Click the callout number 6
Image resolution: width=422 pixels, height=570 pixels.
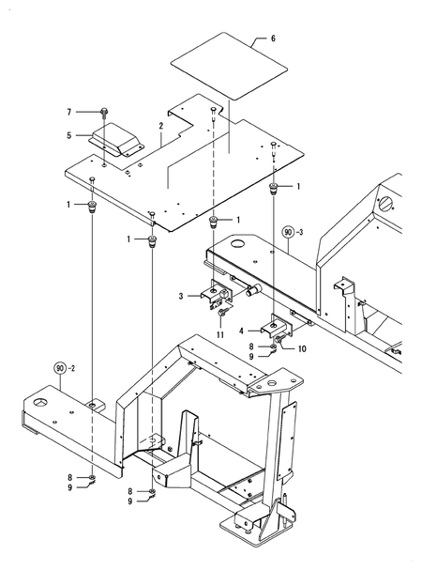(x=274, y=39)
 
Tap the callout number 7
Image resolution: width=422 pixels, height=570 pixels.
(x=69, y=112)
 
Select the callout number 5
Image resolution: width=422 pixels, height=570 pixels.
(x=69, y=134)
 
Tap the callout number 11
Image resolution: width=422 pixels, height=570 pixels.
(x=219, y=334)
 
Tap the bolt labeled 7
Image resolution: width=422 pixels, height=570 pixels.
(x=101, y=112)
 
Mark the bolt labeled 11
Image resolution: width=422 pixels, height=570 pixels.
(x=219, y=313)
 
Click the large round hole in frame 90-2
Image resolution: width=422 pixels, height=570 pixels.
(x=43, y=402)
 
